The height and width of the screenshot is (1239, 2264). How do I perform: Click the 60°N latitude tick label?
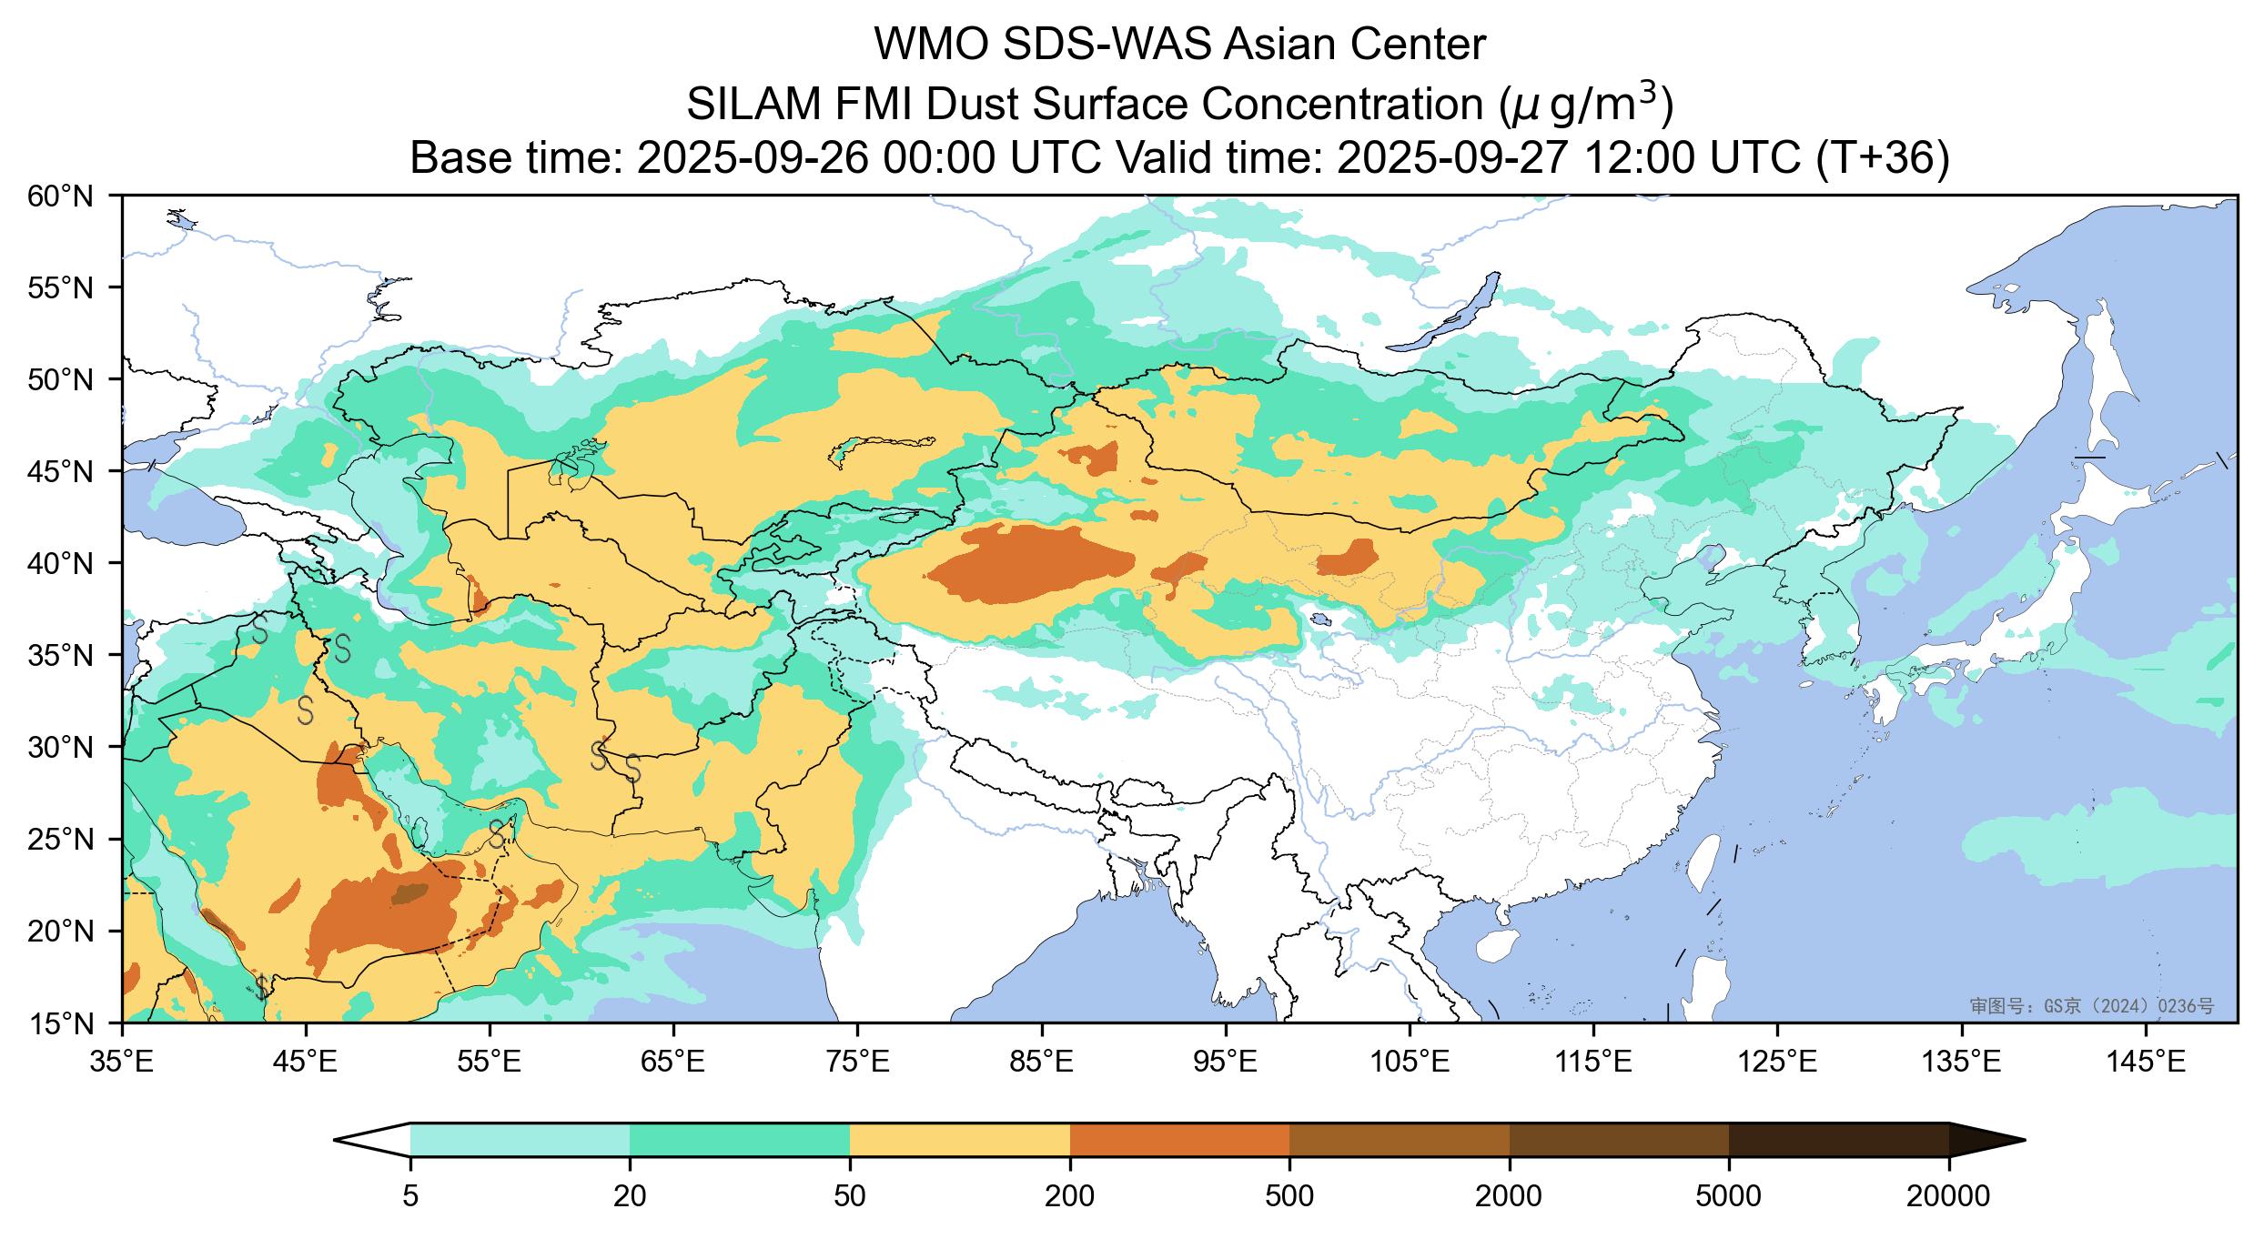pyautogui.click(x=67, y=196)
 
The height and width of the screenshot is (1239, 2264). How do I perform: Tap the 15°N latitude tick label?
pyautogui.click(x=67, y=1023)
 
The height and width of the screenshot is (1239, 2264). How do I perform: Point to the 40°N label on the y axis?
pyautogui.click(x=67, y=564)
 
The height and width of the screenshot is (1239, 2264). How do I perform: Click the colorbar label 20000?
pyautogui.click(x=1948, y=1197)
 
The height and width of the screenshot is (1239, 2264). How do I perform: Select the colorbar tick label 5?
pyautogui.click(x=410, y=1197)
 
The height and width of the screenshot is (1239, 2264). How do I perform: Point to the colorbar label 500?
pyautogui.click(x=1289, y=1197)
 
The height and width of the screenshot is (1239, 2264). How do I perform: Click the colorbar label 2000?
pyautogui.click(x=1509, y=1197)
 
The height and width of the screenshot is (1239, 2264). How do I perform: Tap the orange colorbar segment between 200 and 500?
pyautogui.click(x=1179, y=1139)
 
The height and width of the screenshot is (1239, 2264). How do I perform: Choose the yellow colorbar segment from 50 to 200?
pyautogui.click(x=959, y=1139)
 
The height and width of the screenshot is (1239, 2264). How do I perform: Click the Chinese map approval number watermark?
pyautogui.click(x=2091, y=1005)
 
